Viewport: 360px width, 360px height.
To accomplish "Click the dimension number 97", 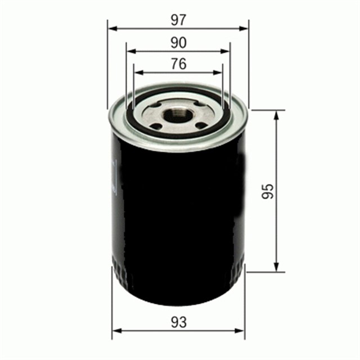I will [179, 20].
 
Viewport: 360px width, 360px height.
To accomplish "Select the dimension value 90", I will [179, 43].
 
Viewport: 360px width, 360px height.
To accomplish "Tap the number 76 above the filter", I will [179, 65].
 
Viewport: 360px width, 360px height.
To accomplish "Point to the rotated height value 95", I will [268, 191].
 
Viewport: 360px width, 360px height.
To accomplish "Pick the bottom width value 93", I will [179, 322].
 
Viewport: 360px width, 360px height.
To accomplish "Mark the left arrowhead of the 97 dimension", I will [111, 28].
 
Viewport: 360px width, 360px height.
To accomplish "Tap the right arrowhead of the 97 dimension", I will [245, 28].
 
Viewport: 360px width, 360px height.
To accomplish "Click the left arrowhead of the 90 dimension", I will [130, 51].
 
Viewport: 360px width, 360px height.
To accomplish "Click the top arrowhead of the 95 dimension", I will [276, 114].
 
